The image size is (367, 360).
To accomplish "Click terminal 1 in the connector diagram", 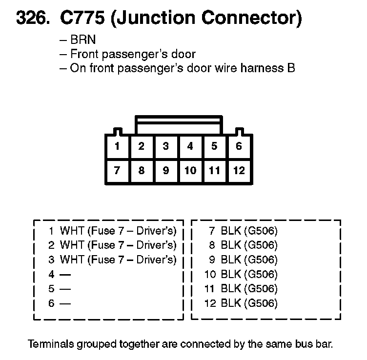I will (117, 146).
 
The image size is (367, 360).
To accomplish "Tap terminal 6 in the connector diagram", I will (239, 146).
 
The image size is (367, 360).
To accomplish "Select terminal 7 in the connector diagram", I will (117, 171).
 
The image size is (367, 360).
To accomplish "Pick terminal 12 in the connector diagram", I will (239, 171).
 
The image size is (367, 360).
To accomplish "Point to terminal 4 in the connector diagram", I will (190, 146).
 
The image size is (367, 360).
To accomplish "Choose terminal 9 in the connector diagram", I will (166, 171).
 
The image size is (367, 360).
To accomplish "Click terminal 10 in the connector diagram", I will (190, 171).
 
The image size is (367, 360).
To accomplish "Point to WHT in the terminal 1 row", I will (72, 230).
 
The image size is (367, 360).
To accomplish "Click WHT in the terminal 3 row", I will (72, 260).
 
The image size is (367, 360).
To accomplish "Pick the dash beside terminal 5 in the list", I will (66, 289).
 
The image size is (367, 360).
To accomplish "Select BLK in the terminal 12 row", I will (231, 303).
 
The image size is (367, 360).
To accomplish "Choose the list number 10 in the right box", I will (210, 274).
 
